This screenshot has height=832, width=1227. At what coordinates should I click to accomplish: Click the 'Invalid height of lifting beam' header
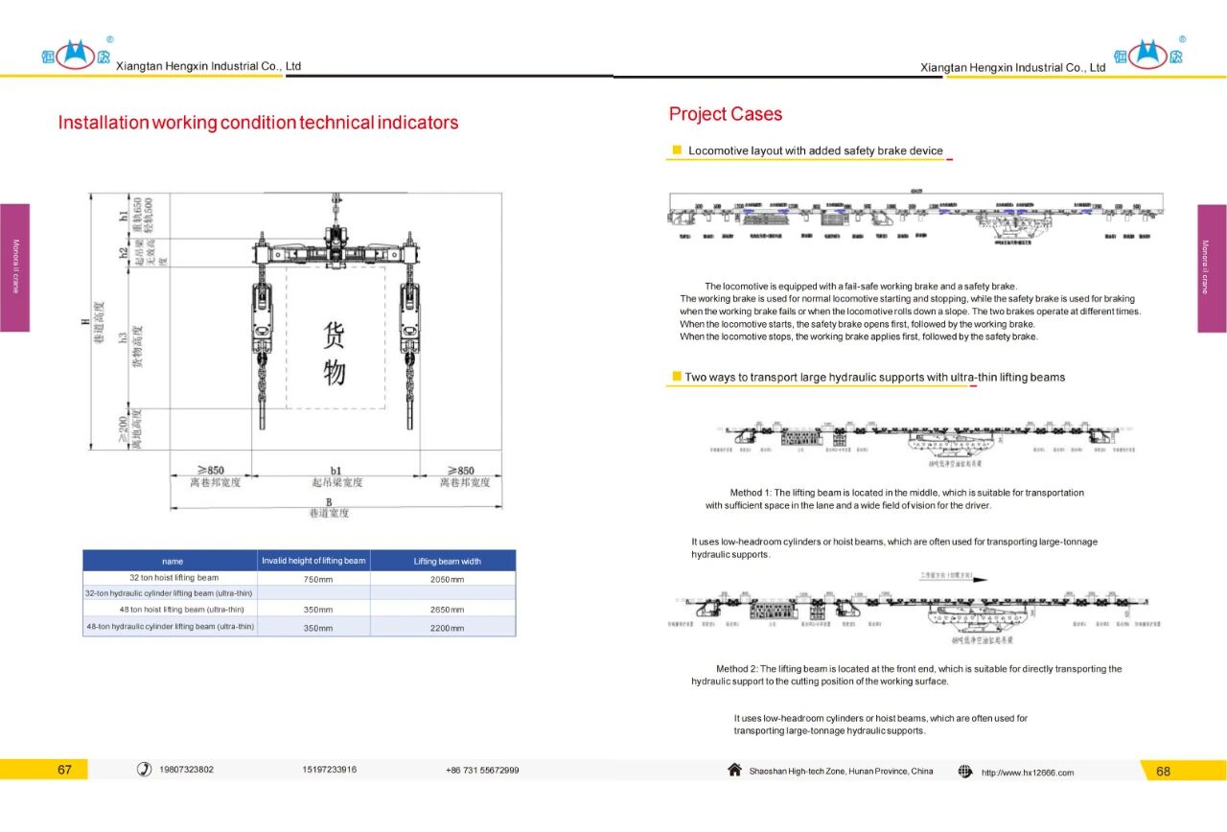point(313,561)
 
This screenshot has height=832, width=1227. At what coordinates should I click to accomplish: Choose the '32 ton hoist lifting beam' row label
point(174,578)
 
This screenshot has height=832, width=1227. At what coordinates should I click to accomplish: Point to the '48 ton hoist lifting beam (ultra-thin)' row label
point(174,610)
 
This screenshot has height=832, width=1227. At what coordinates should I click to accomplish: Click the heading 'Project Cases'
point(725,114)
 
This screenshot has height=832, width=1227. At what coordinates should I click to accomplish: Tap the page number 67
point(64,770)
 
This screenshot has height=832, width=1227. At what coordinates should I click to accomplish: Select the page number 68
point(1163,771)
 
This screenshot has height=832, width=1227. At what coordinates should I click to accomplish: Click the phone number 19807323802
point(187,770)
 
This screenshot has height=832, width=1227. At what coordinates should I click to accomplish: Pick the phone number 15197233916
point(330,770)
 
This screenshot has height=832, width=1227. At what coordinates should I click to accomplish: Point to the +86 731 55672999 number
point(482,771)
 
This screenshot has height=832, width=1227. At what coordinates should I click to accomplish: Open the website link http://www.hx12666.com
point(1028,773)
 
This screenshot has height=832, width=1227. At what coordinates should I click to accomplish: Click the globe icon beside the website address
point(965,771)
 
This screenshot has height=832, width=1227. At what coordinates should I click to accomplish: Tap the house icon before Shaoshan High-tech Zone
point(734,770)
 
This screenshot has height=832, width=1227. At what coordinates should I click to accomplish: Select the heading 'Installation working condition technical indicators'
point(258,123)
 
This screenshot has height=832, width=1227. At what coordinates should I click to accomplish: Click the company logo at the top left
point(75,55)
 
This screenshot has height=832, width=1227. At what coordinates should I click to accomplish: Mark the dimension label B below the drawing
point(328,501)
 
